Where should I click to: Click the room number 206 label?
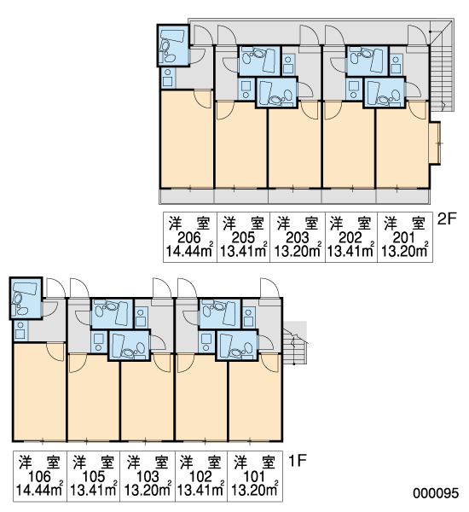[x=189, y=238]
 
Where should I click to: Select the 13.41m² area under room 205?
[x=244, y=251]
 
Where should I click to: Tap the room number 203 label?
[x=298, y=238]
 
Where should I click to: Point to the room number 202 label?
[x=350, y=238]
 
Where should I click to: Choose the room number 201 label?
[x=404, y=238]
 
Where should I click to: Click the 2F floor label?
[x=447, y=218]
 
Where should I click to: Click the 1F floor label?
[x=298, y=461]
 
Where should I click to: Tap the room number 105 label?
[x=94, y=477]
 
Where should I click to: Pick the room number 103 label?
[x=148, y=477]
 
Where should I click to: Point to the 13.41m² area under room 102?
[x=200, y=490]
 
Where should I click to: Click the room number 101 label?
[x=254, y=477]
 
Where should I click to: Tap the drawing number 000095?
[x=436, y=493]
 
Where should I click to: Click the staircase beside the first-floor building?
[x=295, y=342]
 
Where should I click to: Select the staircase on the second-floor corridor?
[x=440, y=67]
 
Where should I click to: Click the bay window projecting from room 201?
[x=435, y=143]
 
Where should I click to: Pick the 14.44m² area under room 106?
[x=39, y=490]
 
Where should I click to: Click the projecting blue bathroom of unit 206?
[x=173, y=45]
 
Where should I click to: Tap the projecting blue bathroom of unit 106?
[x=26, y=298]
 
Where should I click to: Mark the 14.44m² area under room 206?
[x=190, y=251]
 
